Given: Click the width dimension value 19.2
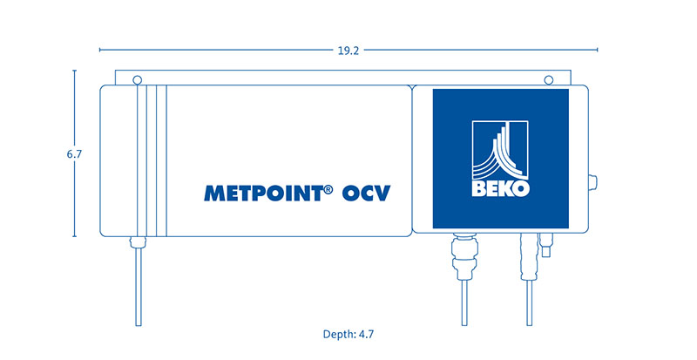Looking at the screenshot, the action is click(x=348, y=51).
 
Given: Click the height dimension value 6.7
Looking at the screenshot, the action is click(x=74, y=154).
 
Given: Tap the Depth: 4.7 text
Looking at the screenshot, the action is click(x=348, y=334).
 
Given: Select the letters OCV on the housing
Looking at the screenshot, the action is click(x=366, y=194).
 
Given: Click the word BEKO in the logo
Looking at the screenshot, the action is click(x=500, y=188).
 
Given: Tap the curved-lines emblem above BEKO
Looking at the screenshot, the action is click(x=500, y=150).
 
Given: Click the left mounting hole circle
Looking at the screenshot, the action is click(x=138, y=80).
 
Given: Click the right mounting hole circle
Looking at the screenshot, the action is click(x=549, y=80).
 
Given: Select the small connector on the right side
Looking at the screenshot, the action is click(x=593, y=181).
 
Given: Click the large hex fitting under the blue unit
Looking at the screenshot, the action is click(x=464, y=257).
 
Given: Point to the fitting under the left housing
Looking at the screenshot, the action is click(x=138, y=242).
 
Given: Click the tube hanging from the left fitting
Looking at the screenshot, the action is click(x=139, y=287).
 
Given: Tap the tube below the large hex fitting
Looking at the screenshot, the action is click(x=464, y=303).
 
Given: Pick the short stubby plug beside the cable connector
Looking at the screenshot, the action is click(x=545, y=245).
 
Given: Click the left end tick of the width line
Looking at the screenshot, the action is click(x=100, y=50).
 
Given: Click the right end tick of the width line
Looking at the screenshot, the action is click(x=597, y=50).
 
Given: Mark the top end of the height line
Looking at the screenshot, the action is click(x=74, y=71).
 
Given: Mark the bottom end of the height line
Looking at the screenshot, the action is click(x=74, y=236).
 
